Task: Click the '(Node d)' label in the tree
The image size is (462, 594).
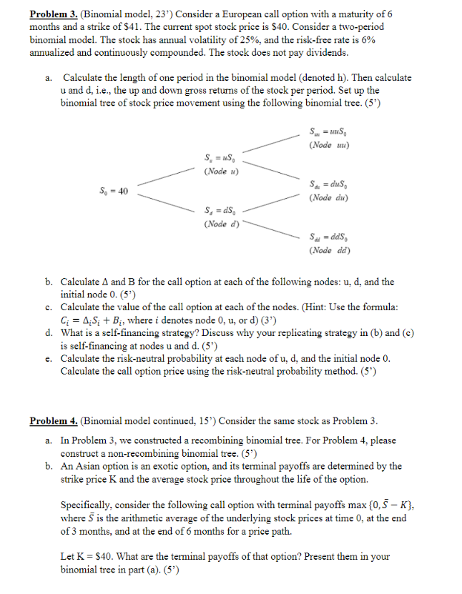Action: click(x=221, y=224)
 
